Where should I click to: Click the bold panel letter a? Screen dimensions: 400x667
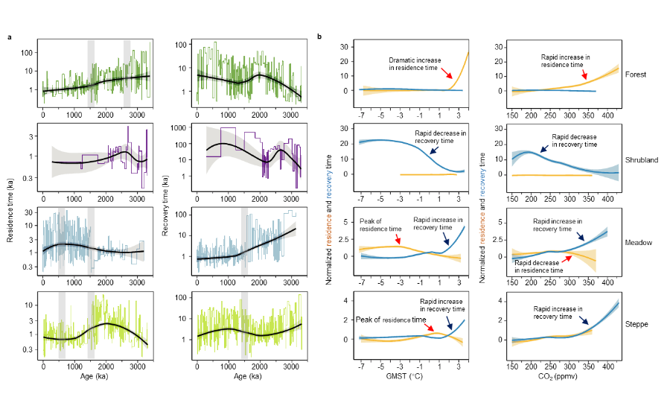(10, 36)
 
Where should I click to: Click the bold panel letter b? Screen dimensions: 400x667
(319, 36)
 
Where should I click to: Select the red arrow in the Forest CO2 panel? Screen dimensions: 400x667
(584, 73)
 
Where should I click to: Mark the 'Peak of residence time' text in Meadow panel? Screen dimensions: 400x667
(370, 224)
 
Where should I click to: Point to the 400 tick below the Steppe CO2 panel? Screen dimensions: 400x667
(607, 367)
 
